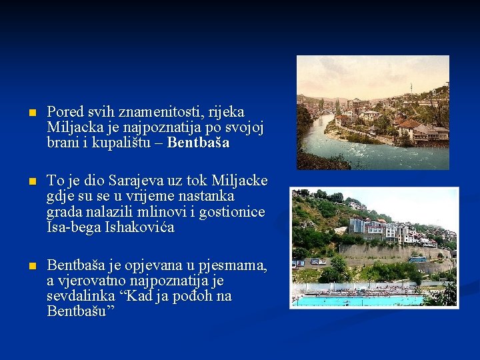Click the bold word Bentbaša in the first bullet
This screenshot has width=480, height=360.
[198, 142]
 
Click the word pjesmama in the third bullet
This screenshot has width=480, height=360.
[236, 265]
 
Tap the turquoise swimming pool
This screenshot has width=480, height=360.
[360, 301]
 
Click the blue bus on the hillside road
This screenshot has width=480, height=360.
[417, 259]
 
